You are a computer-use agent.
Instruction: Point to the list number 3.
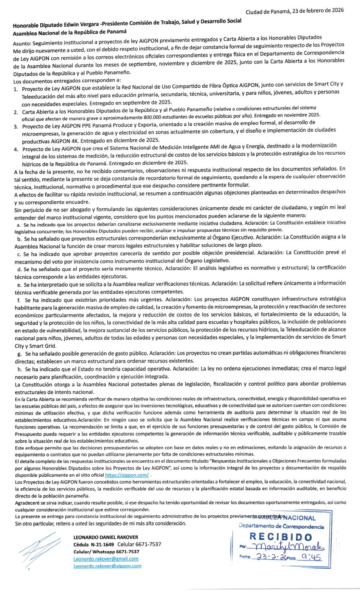pos(16,126)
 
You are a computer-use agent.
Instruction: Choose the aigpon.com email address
pos(107,566)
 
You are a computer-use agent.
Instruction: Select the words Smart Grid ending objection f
pos(29,346)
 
